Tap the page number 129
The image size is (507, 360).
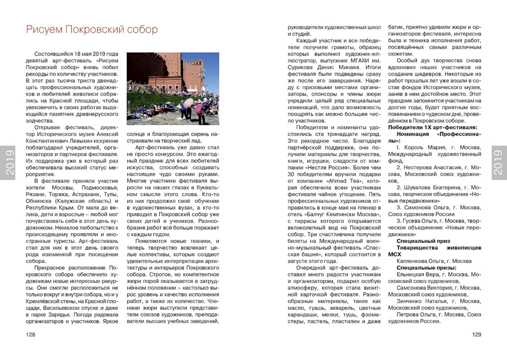[476, 335]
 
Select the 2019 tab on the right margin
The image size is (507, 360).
[498, 163]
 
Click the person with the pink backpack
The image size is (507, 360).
[199, 109]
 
